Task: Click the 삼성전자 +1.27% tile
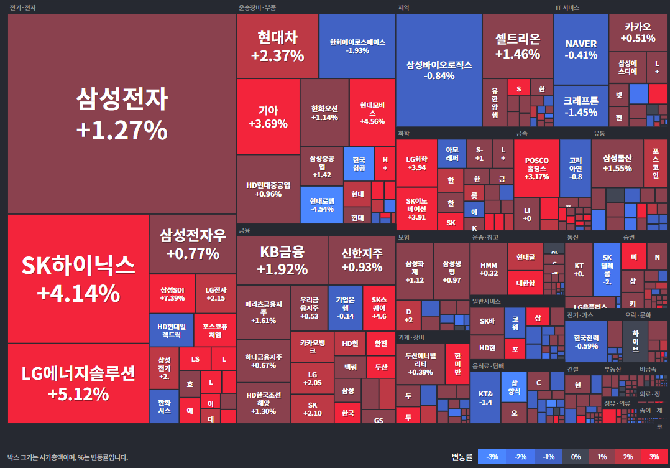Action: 121,114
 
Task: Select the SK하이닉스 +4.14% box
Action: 78,278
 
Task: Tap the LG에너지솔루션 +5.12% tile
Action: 78,383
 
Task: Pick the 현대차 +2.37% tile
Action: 277,46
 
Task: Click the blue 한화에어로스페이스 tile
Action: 357,46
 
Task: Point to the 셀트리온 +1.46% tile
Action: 518,46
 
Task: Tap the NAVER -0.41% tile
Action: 581,49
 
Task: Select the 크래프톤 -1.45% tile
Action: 581,106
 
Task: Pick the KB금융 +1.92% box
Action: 282,260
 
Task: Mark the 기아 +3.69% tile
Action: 268,116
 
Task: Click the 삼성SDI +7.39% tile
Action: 172,294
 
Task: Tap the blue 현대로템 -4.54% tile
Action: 322,205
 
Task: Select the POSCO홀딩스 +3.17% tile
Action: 536,168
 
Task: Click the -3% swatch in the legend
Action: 492,457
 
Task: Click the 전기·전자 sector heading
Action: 22,8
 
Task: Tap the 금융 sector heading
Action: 244,230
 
